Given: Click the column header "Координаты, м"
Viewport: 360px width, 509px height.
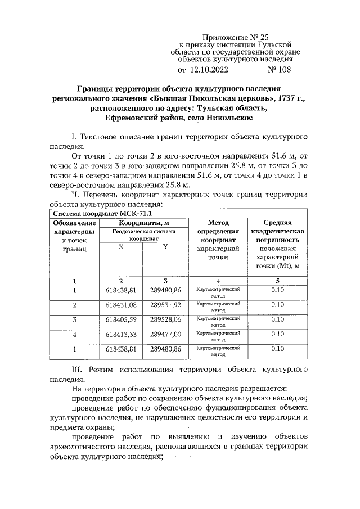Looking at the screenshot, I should point(143,223).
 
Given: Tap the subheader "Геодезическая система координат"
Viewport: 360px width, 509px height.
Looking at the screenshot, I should point(143,235).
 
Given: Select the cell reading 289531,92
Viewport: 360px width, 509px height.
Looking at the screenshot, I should point(165,305).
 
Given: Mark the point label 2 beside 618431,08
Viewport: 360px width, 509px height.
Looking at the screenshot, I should point(74,305).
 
